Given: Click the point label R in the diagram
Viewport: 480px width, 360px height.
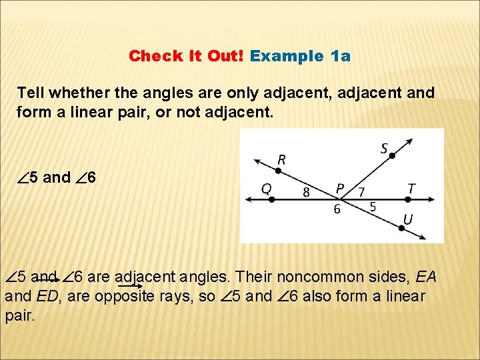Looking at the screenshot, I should (282, 159).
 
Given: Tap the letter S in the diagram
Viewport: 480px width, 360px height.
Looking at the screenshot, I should (385, 148).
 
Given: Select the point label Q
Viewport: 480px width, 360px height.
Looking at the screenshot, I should (266, 189).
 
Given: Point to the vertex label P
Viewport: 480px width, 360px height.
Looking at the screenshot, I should (340, 189).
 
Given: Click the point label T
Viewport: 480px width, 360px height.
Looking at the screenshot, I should (411, 189).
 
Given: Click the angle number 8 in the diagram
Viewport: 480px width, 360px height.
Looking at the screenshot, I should (305, 192).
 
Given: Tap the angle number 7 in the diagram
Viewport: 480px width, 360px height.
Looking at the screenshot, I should (361, 192).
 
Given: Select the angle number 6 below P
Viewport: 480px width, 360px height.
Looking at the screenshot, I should (337, 209).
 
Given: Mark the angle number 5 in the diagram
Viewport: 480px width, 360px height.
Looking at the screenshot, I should (373, 207).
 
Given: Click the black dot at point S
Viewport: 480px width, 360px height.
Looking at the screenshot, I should (393, 156).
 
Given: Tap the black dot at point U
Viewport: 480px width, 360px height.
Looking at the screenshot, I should (401, 228).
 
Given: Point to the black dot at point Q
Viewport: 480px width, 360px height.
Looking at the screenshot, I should (271, 199).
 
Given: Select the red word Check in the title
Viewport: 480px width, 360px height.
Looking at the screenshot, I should (150, 56).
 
